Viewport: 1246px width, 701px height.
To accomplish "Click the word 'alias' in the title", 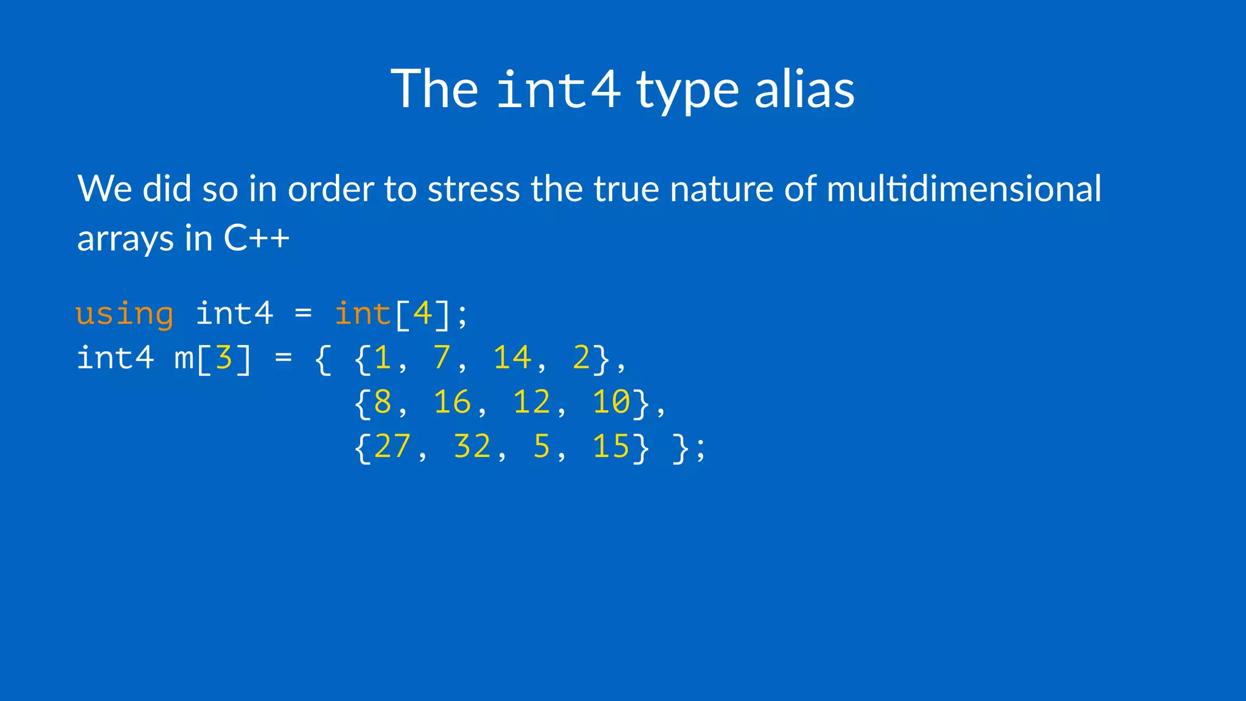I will (804, 89).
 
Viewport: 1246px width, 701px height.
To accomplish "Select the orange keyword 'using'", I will (125, 315).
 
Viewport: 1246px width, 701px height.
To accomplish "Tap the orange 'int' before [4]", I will (363, 314).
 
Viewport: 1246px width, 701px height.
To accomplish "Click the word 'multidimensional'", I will (964, 189).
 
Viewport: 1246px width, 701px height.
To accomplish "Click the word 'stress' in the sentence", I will (473, 189).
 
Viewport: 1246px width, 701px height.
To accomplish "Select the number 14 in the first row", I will (512, 358).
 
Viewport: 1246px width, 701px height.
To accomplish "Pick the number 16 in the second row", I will (452, 402).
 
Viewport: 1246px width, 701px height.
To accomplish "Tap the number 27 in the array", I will (392, 447).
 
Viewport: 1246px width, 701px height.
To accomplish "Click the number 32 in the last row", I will (472, 447).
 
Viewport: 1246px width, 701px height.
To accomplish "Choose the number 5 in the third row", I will (541, 447).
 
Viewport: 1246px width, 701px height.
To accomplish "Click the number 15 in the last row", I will (611, 447).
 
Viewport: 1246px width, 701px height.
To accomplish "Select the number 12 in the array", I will (531, 402).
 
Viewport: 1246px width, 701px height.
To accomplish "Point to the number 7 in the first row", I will (442, 358).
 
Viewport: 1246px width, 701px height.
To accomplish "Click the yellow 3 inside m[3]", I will (224, 358).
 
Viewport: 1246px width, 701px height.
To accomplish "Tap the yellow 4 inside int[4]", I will (422, 314).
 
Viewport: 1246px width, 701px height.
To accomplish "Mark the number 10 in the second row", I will (611, 402).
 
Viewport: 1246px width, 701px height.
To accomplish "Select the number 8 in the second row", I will (383, 402).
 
